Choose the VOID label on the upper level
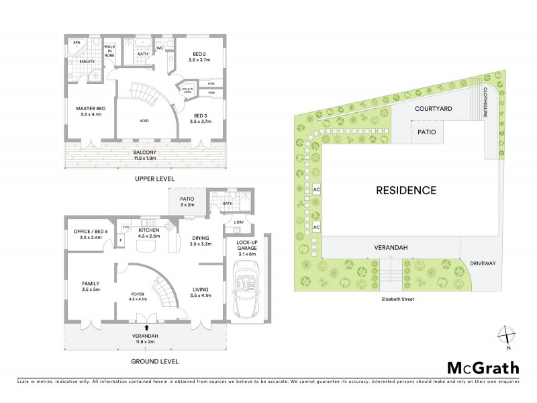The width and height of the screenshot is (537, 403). pos(144,121)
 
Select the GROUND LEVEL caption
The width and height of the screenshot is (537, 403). pos(154,361)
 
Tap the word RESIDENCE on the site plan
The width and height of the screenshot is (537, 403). pos(410,190)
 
